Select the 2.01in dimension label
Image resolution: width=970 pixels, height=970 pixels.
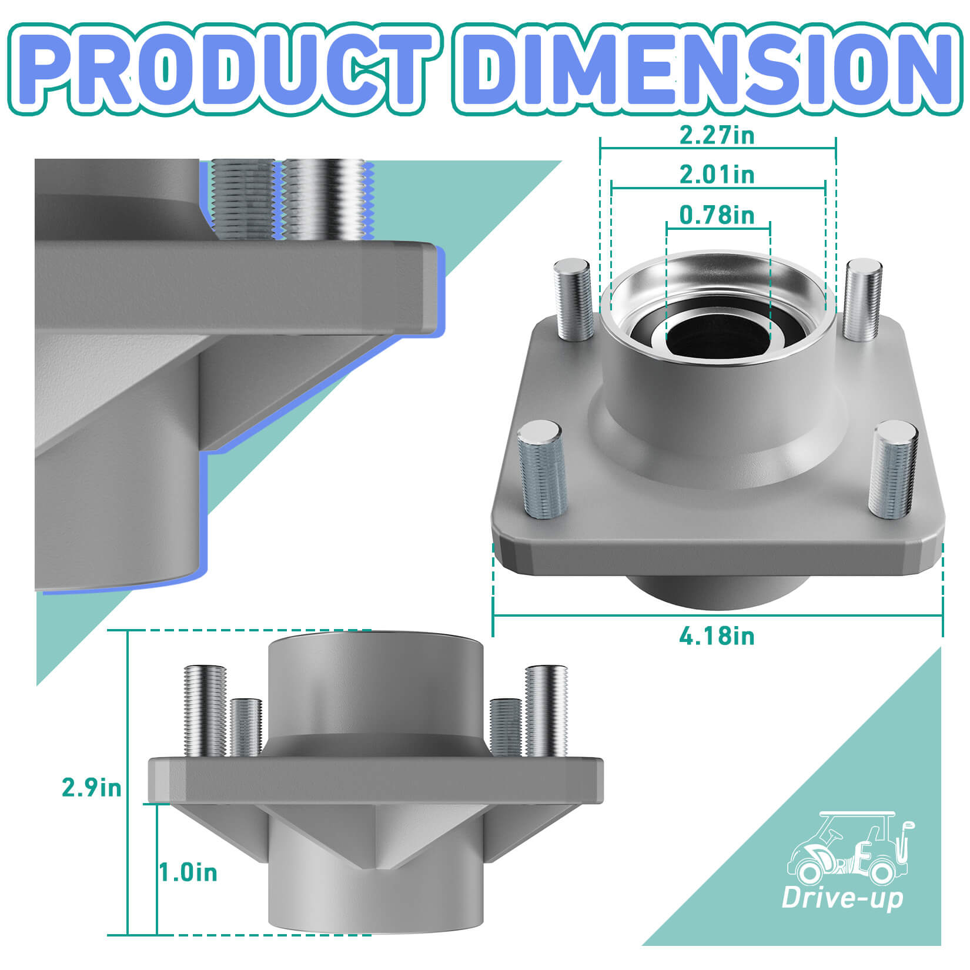pyautogui.click(x=717, y=175)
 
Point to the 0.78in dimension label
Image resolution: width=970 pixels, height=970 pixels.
pyautogui.click(x=717, y=215)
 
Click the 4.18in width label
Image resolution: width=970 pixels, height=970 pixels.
pyautogui.click(x=717, y=636)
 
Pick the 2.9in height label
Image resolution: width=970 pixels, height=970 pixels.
pyautogui.click(x=92, y=788)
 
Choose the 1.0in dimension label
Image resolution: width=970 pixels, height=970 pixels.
pyautogui.click(x=188, y=872)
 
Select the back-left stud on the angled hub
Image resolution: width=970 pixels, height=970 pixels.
pyautogui.click(x=573, y=300)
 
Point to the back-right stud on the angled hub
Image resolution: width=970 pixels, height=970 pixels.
pyautogui.click(x=862, y=300)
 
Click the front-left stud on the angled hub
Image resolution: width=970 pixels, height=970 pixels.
pyautogui.click(x=541, y=470)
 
